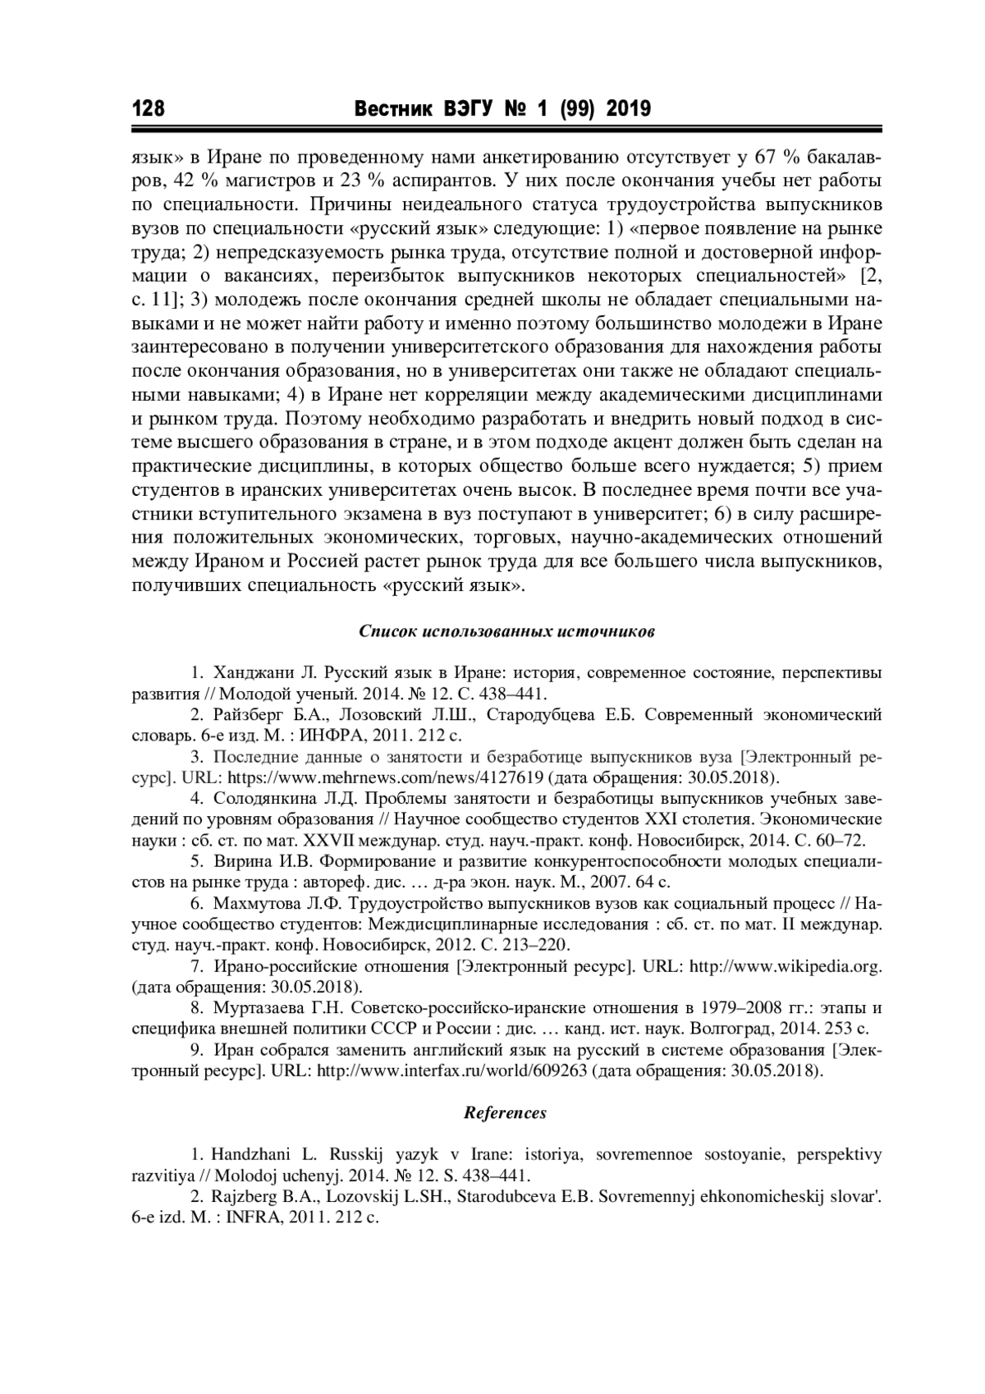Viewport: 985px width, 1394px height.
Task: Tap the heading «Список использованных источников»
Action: point(506,632)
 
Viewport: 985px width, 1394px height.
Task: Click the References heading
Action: point(505,1113)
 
